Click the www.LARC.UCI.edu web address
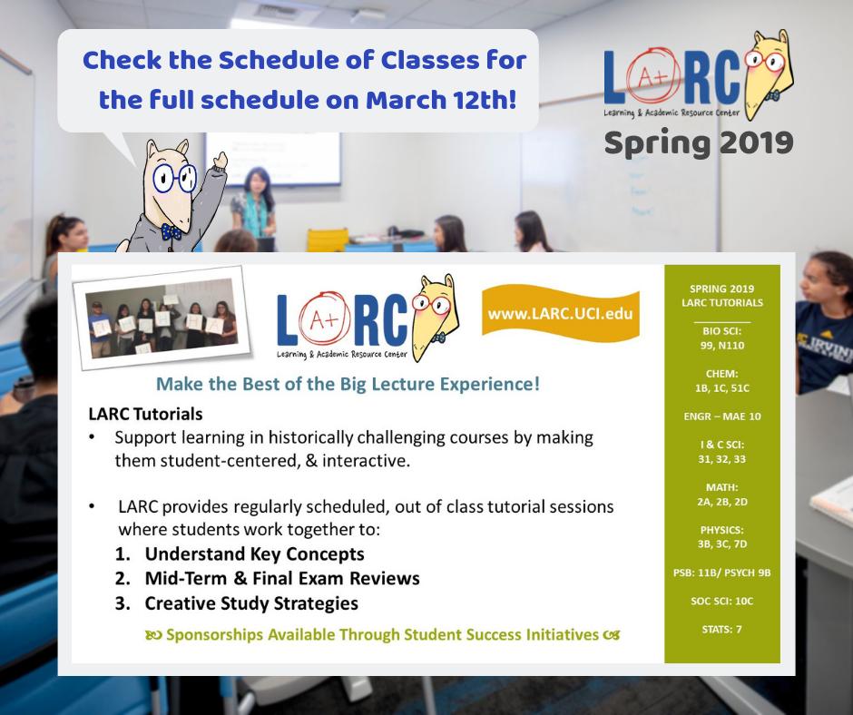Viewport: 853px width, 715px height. [x=560, y=314]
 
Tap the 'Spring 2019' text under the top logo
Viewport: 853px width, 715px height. [x=698, y=142]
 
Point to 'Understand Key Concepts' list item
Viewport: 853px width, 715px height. [x=254, y=553]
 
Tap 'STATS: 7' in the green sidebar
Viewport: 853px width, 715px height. [x=722, y=628]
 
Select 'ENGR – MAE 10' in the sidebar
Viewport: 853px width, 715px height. [x=722, y=416]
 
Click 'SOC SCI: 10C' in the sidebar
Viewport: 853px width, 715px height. [x=722, y=600]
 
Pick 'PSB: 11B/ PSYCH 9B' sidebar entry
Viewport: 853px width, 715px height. [x=722, y=572]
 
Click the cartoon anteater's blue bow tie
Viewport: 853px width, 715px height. [x=171, y=231]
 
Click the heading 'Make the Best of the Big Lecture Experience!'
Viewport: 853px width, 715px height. [x=348, y=384]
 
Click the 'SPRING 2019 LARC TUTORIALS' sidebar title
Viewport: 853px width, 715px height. [x=722, y=295]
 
